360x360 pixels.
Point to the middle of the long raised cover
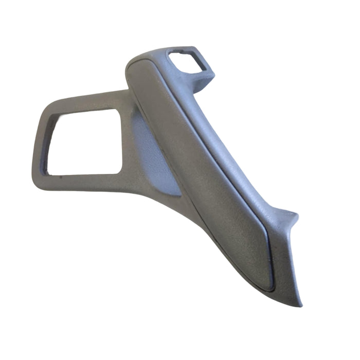pyautogui.click(x=206, y=170)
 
